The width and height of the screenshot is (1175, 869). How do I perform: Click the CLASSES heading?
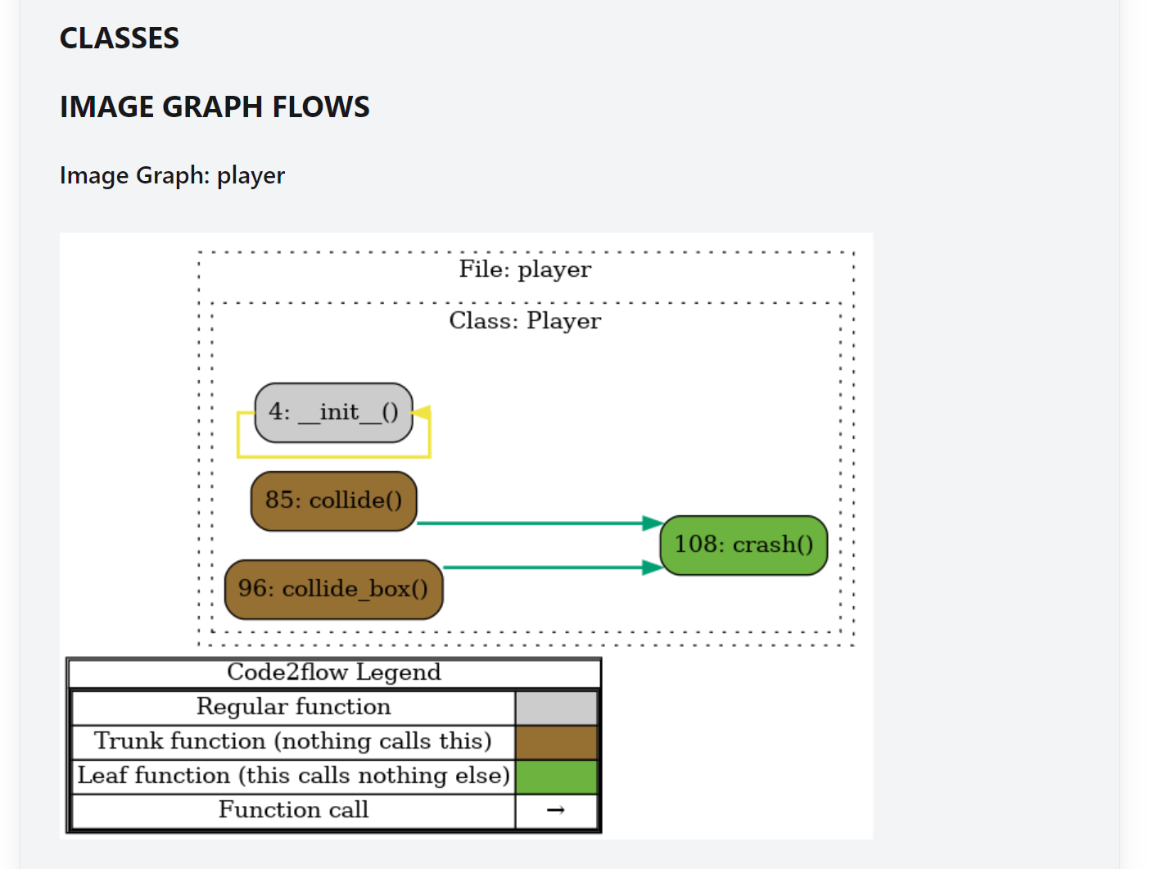point(120,38)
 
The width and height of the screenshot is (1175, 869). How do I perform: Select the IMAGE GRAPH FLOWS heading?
point(215,107)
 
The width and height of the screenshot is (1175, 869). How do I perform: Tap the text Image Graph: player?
point(172,175)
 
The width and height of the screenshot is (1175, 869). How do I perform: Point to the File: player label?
point(525,269)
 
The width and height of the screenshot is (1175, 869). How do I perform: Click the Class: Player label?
point(525,321)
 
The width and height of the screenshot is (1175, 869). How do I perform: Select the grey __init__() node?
point(333,412)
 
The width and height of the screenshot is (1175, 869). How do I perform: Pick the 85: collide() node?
point(333,500)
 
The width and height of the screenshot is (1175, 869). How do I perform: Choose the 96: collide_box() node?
point(333,589)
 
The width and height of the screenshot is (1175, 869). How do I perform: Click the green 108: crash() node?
point(743,545)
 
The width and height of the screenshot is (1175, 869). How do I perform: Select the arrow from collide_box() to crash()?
point(549,567)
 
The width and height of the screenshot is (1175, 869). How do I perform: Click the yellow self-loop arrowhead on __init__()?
point(423,412)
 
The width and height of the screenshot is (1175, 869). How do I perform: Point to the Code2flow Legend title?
point(333,672)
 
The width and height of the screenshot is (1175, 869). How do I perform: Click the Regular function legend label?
point(293,707)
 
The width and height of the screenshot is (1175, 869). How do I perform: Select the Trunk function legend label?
point(293,741)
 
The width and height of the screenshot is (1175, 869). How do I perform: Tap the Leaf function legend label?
point(293,776)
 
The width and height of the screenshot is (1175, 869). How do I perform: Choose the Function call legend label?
point(293,810)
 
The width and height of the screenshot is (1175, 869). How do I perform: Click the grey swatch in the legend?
point(556,708)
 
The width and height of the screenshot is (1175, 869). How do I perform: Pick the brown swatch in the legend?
point(556,742)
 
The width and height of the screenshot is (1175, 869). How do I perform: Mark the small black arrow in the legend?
point(556,810)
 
